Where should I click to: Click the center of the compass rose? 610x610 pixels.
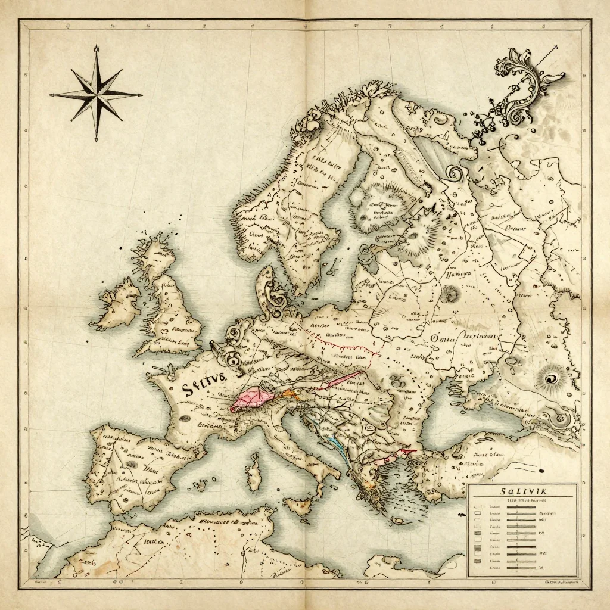(x=96, y=94)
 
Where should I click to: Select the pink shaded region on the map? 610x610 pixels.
(x=250, y=398)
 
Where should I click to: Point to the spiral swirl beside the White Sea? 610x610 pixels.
(x=456, y=174)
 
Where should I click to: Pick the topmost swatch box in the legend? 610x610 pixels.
(x=477, y=512)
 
